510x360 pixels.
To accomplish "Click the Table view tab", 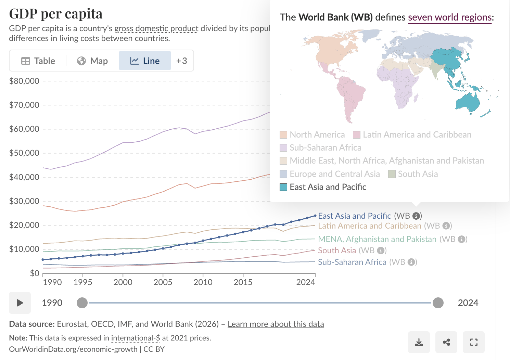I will click(38, 61).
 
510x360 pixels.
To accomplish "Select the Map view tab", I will click(92, 61).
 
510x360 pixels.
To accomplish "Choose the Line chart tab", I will click(145, 61).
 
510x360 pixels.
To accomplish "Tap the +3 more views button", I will click(182, 61).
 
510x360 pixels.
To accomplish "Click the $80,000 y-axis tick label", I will click(24, 81).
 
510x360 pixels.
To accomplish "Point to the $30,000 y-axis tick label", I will click(24, 201).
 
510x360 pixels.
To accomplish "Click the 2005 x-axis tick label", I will click(163, 282).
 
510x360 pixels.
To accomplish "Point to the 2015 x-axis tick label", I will click(243, 282).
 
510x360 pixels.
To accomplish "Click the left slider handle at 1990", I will click(82, 303).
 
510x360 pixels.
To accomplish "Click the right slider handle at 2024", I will click(438, 303).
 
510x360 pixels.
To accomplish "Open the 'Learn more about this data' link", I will click(276, 324).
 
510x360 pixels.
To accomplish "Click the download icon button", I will click(419, 342).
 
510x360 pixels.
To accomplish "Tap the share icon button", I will click(446, 342).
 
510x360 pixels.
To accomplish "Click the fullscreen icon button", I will click(474, 342).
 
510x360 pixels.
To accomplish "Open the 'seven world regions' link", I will click(450, 17).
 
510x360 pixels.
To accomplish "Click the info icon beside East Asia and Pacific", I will click(416, 216).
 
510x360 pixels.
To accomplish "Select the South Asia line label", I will click(337, 250).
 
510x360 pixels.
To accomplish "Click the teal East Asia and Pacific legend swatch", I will click(283, 187).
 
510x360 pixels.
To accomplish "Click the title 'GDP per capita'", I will click(56, 14).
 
